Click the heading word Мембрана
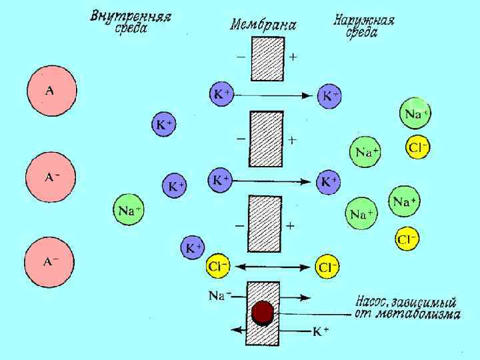pos(263,25)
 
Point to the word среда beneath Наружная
pos(361,33)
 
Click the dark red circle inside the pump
pos(263,313)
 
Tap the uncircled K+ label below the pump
pos(321,331)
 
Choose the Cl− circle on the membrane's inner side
pos(219,267)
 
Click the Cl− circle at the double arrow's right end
pos(327,267)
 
